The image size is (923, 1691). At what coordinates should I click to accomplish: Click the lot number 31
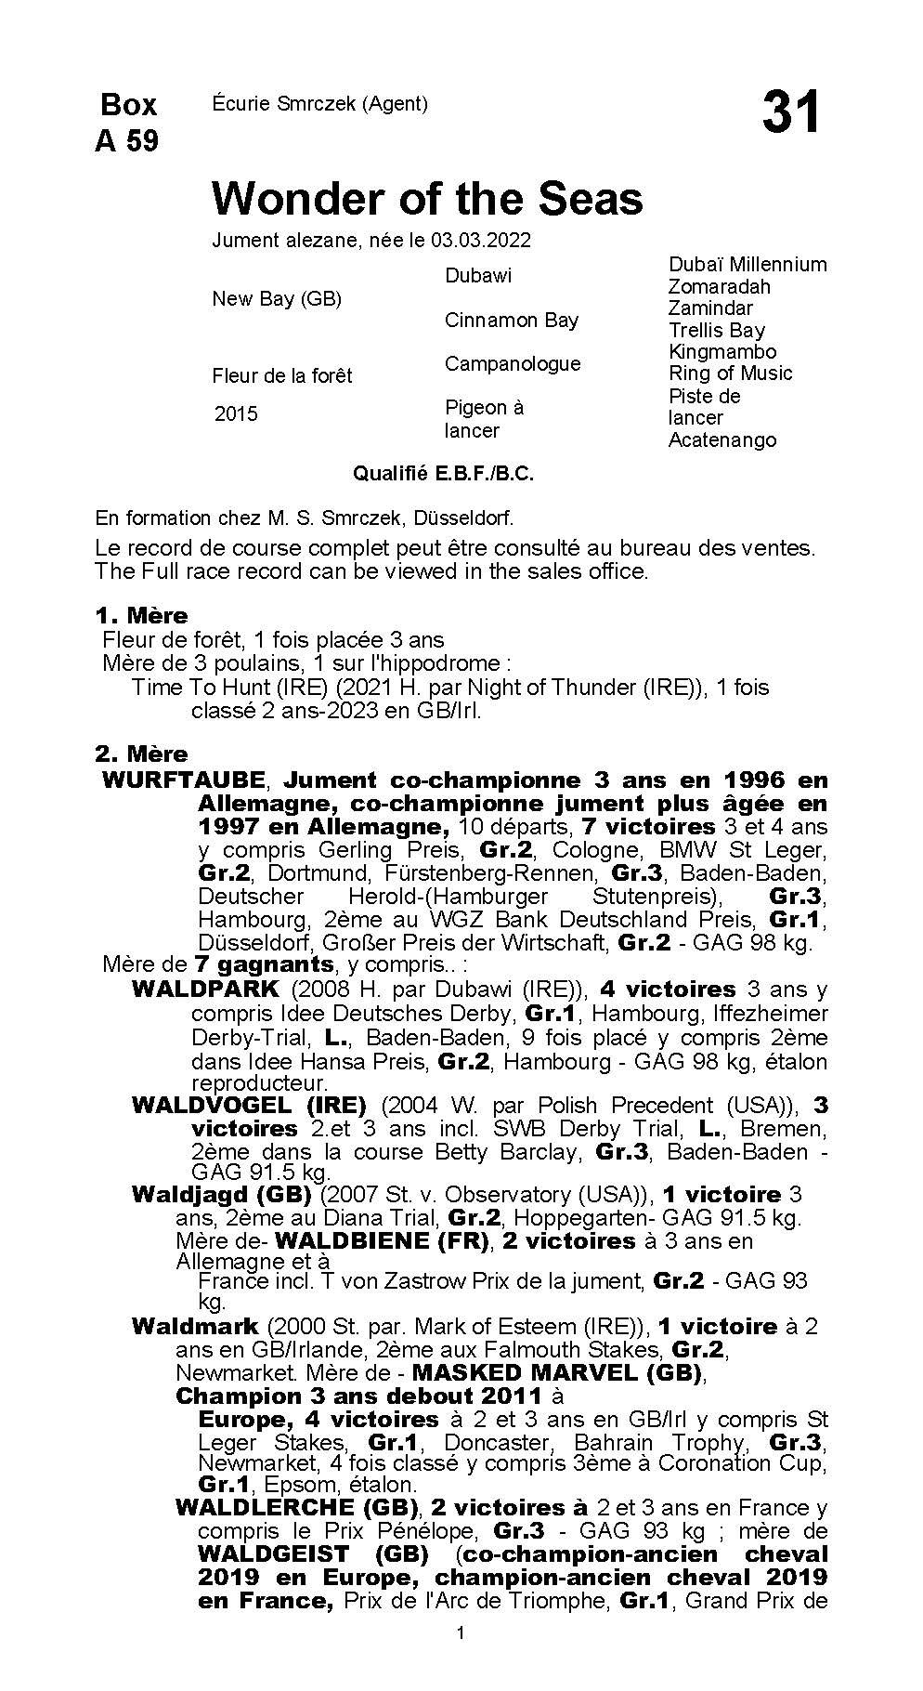tap(791, 113)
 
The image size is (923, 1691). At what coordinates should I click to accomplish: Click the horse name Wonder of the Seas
tap(427, 198)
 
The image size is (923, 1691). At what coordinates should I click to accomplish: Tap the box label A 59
tap(127, 140)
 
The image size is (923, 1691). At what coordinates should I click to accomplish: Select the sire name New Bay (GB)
tap(277, 299)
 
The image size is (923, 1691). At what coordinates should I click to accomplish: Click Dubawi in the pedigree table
tap(478, 276)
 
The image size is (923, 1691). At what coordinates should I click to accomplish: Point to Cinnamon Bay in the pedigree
tap(512, 321)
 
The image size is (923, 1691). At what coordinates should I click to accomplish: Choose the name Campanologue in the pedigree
tap(513, 364)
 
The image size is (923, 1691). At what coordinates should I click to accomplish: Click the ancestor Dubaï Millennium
tap(747, 265)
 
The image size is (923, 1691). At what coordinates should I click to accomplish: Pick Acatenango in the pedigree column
tap(722, 440)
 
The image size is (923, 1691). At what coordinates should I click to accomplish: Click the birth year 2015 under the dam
tap(236, 414)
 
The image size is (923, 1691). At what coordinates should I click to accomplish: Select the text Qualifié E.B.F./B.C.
tap(443, 474)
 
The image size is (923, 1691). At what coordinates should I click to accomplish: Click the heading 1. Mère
tap(141, 616)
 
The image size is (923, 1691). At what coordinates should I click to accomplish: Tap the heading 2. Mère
tap(141, 754)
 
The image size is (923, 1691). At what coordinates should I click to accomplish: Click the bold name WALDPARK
tap(205, 990)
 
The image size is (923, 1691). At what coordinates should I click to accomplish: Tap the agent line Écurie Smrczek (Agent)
tap(319, 104)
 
